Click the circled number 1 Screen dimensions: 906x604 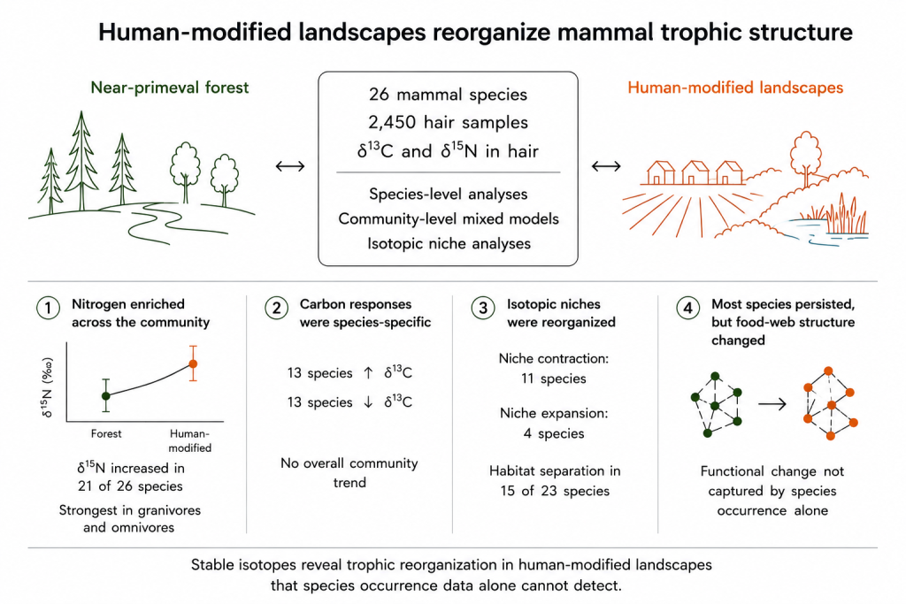[x=48, y=308]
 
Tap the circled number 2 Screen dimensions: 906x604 [x=277, y=308]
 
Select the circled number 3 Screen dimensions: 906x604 [x=483, y=308]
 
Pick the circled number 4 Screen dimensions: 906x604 [x=687, y=308]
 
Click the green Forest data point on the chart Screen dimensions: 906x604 [x=106, y=395]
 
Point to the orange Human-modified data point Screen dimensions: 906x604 [x=193, y=363]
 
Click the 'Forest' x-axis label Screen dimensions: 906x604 [x=106, y=433]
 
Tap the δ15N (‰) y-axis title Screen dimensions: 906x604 [x=48, y=387]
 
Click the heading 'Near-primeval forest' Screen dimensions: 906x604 [x=170, y=88]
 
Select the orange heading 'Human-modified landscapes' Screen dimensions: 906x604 [x=735, y=88]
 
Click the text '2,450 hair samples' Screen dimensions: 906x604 [x=448, y=122]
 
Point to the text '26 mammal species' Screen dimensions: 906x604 [x=448, y=95]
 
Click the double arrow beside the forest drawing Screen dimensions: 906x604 [x=290, y=166]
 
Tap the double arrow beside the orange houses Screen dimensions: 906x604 [x=606, y=166]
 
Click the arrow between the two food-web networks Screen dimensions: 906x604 [x=772, y=403]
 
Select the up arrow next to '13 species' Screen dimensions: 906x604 [x=368, y=373]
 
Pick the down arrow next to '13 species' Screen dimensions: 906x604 [x=368, y=402]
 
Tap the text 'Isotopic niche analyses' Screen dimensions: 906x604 [x=449, y=244]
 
